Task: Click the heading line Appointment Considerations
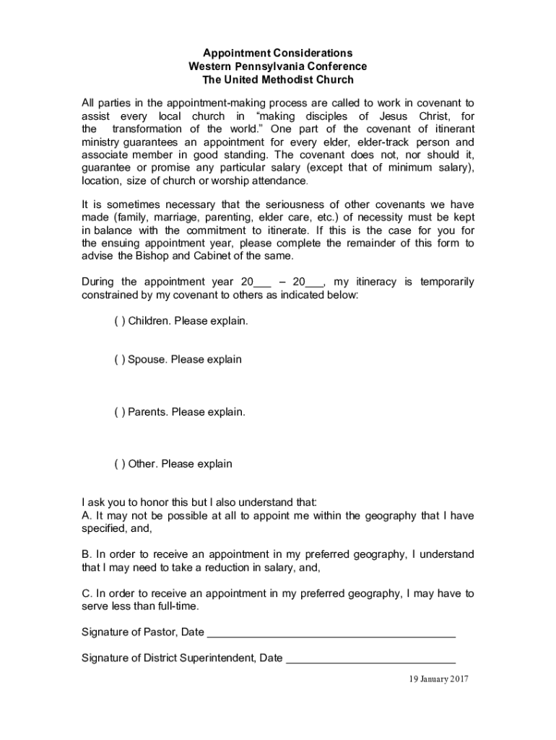(277, 53)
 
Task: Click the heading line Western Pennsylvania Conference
(277, 66)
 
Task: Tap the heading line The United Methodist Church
(277, 80)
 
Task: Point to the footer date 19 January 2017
(439, 679)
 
